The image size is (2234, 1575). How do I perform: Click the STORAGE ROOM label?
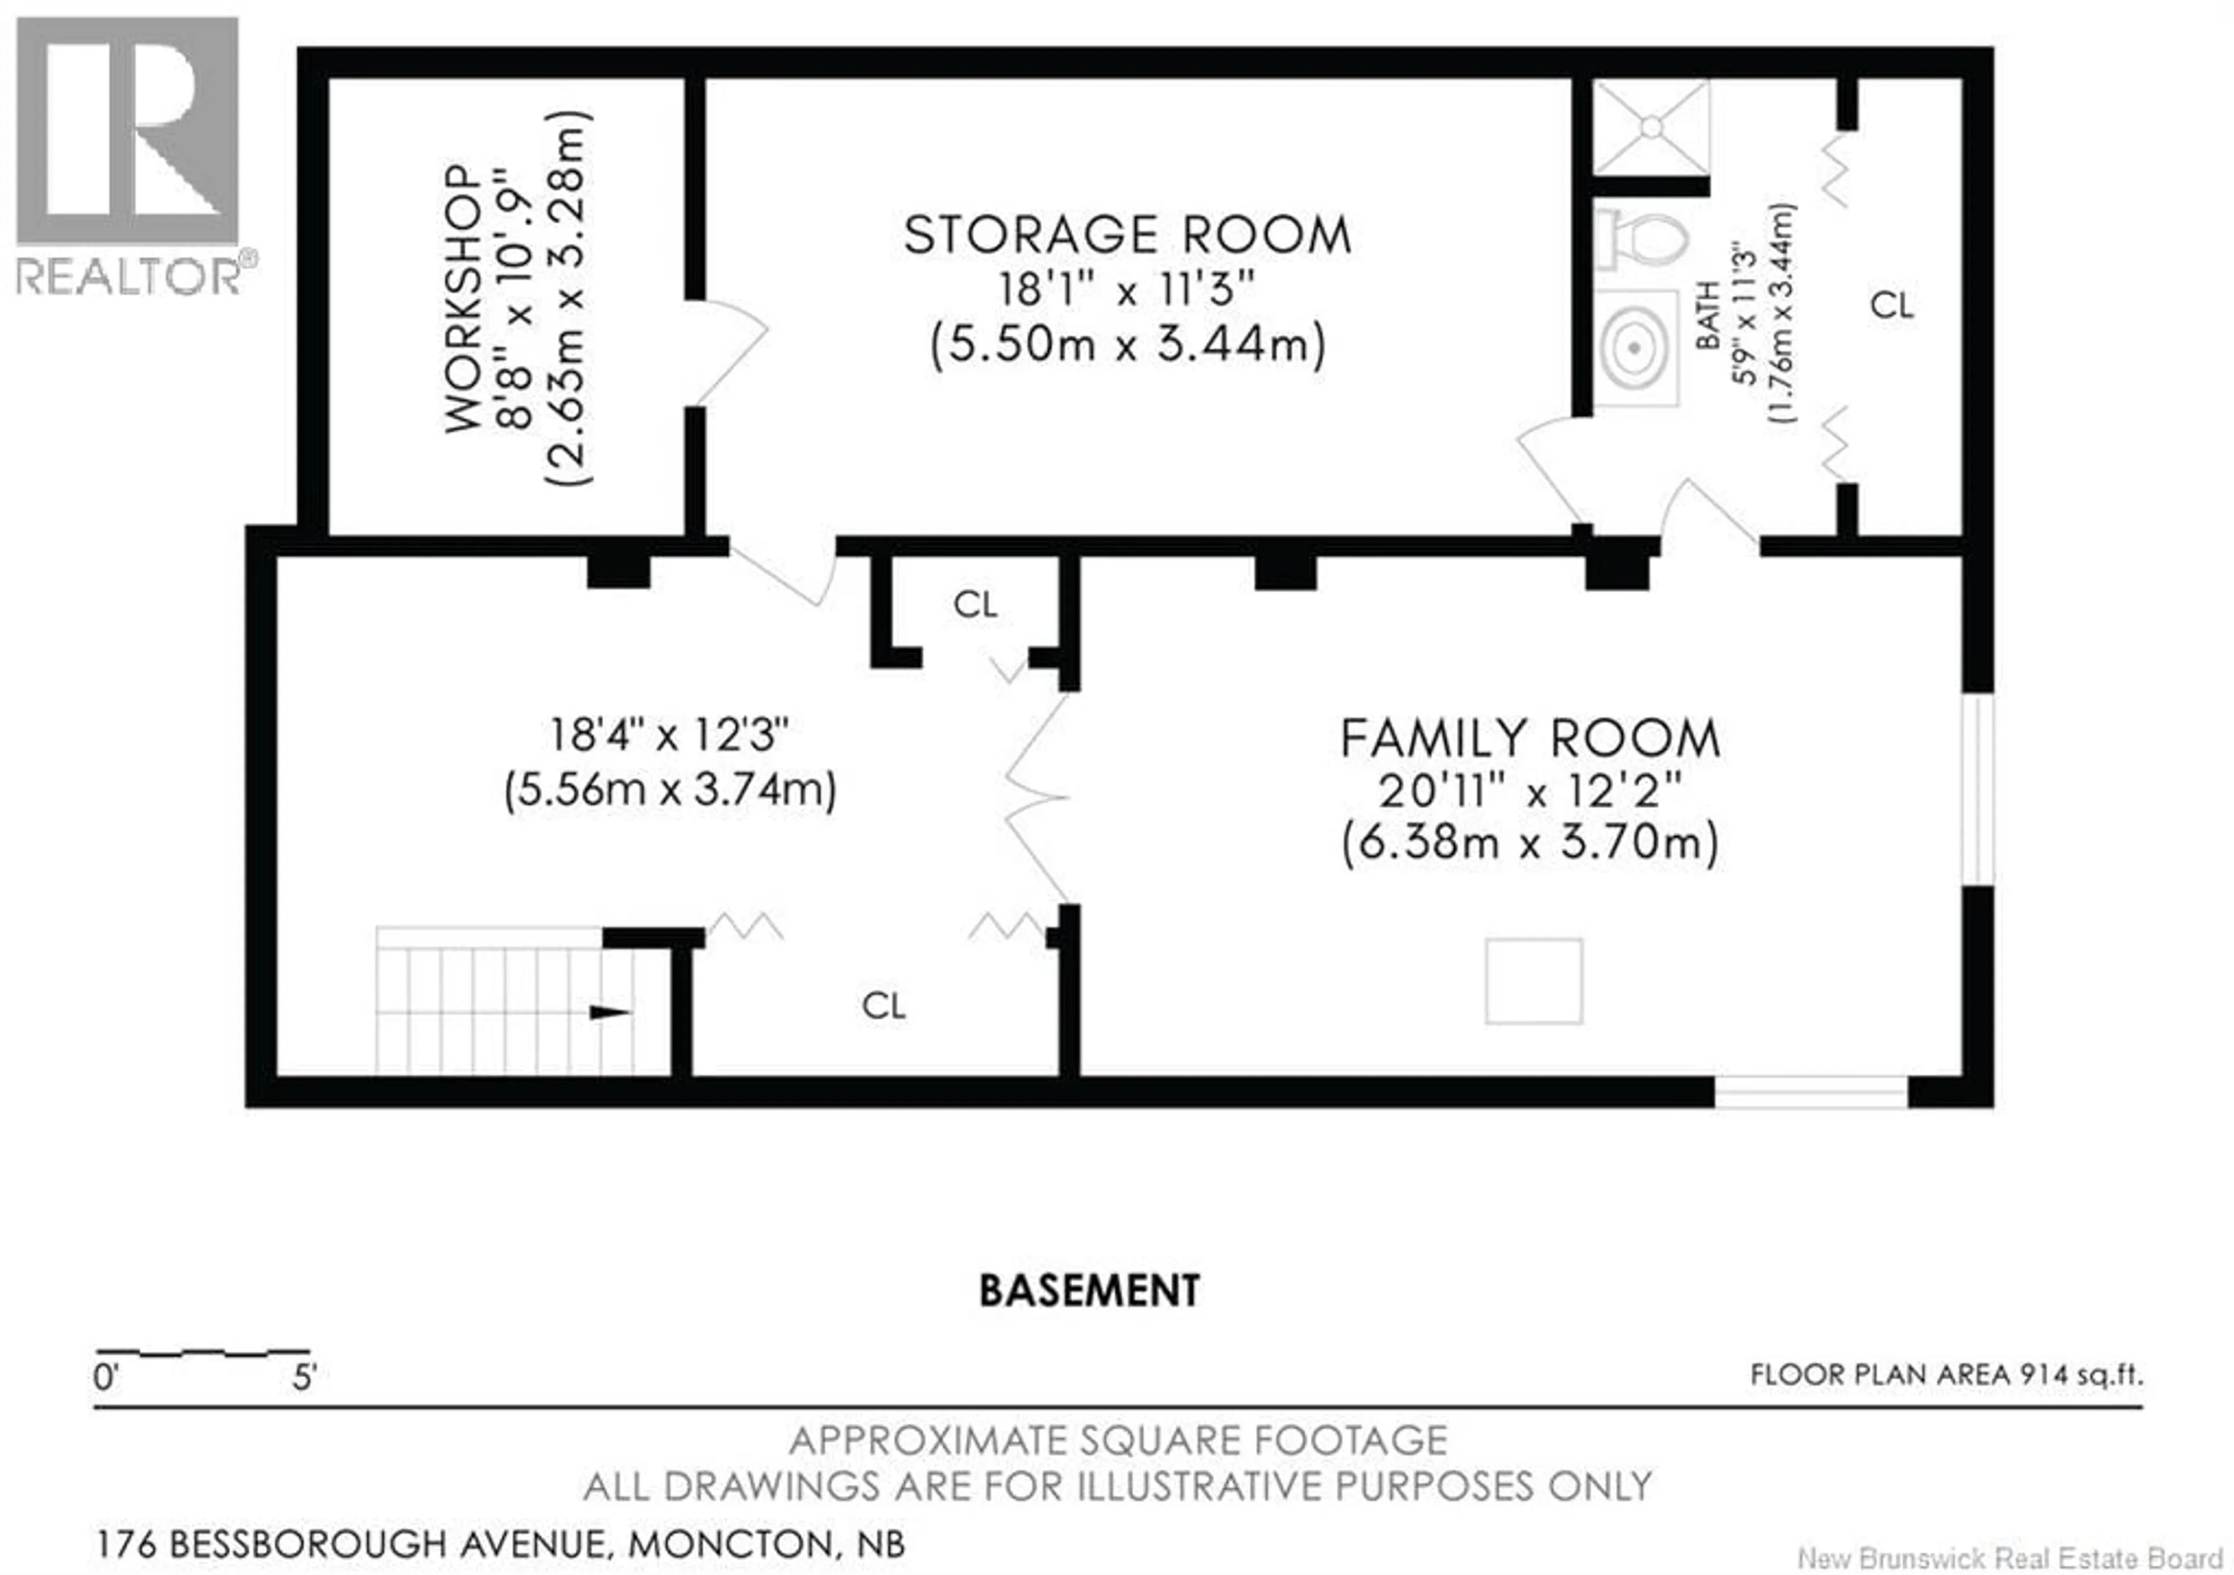coord(1127,236)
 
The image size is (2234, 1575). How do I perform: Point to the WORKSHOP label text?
coord(463,298)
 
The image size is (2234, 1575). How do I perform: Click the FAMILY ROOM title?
coord(1529,739)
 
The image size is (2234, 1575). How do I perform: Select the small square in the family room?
coord(1534,981)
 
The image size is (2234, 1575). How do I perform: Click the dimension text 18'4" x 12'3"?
coord(670,735)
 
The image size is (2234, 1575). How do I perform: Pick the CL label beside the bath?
coord(1891,305)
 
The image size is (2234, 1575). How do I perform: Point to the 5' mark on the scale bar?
coord(304,1377)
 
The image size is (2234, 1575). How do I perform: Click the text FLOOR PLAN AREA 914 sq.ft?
coord(1946,1374)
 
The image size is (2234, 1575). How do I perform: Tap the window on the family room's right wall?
coord(1977,789)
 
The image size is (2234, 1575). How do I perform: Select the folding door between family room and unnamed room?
coord(1037,798)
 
